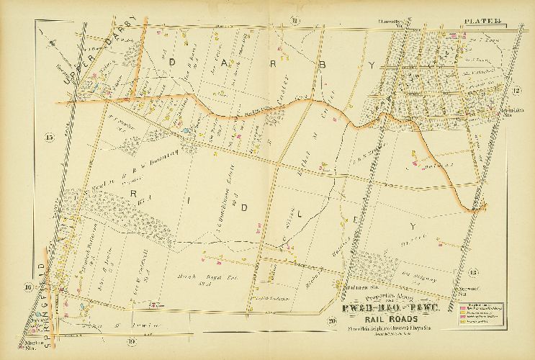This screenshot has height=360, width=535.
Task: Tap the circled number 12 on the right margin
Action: pyautogui.click(x=516, y=90)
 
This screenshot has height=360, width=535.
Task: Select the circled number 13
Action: pyautogui.click(x=472, y=271)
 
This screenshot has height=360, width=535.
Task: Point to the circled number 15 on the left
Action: pyautogui.click(x=49, y=137)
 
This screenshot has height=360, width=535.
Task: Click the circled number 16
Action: pyautogui.click(x=29, y=288)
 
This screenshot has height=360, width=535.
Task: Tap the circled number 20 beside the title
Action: pyautogui.click(x=332, y=320)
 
